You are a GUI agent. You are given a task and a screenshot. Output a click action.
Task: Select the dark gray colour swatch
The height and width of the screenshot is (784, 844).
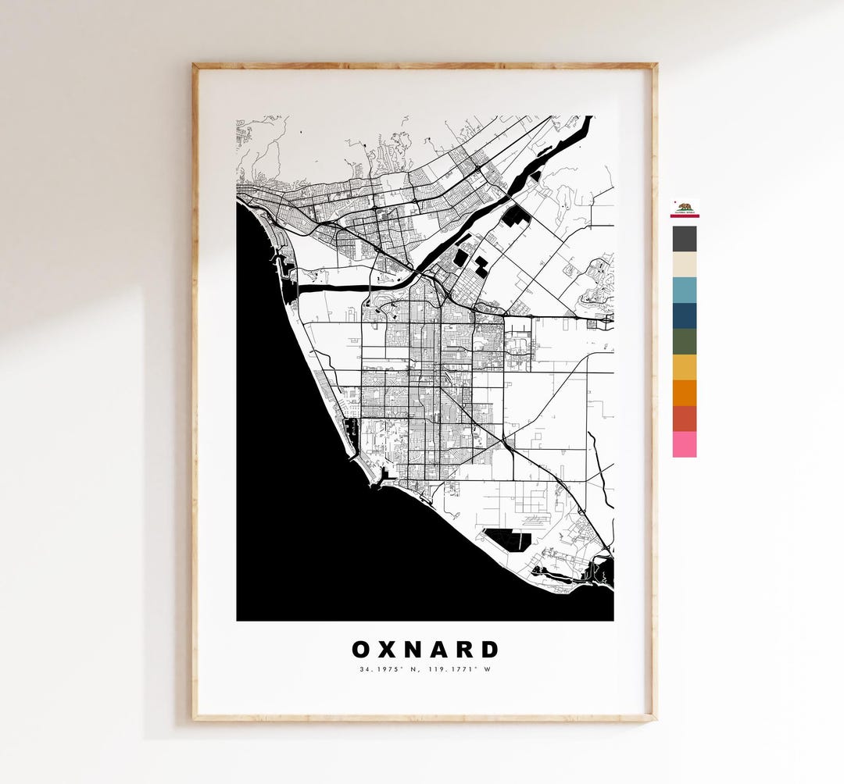tap(685, 238)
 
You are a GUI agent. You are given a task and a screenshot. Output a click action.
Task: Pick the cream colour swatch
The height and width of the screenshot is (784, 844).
tap(685, 264)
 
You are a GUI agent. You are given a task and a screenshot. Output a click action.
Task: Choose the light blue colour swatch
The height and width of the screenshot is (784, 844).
tap(685, 290)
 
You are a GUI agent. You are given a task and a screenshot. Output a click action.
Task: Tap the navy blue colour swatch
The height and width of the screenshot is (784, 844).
tap(685, 315)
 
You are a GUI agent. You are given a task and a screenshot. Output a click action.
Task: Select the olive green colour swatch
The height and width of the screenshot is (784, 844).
tap(685, 341)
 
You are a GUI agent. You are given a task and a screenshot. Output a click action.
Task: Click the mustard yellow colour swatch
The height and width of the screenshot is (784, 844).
tap(685, 367)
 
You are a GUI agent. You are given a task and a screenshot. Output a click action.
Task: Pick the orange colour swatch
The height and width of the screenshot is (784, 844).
tap(685, 393)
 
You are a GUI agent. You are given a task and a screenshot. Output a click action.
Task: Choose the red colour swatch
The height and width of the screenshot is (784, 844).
tap(685, 419)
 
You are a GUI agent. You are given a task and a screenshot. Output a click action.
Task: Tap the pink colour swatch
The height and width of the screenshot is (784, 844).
tap(685, 444)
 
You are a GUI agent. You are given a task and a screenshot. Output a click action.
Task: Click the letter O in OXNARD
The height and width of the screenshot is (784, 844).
tap(362, 650)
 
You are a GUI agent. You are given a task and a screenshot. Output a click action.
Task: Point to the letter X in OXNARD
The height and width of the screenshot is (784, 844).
tap(388, 650)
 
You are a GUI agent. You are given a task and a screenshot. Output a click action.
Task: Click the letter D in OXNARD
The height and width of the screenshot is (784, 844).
tap(489, 650)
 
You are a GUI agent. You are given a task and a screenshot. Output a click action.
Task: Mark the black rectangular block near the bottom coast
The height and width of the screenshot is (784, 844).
tap(507, 538)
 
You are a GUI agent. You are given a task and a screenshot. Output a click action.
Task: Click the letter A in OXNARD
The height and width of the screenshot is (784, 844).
tap(438, 650)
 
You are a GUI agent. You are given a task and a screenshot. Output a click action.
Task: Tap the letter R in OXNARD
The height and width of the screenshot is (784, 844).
tap(464, 650)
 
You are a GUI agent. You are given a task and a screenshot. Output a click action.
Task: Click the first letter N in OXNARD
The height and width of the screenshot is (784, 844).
tap(413, 650)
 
